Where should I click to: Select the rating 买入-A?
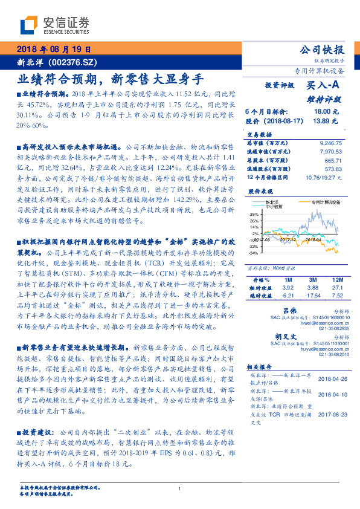tap(324, 88)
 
